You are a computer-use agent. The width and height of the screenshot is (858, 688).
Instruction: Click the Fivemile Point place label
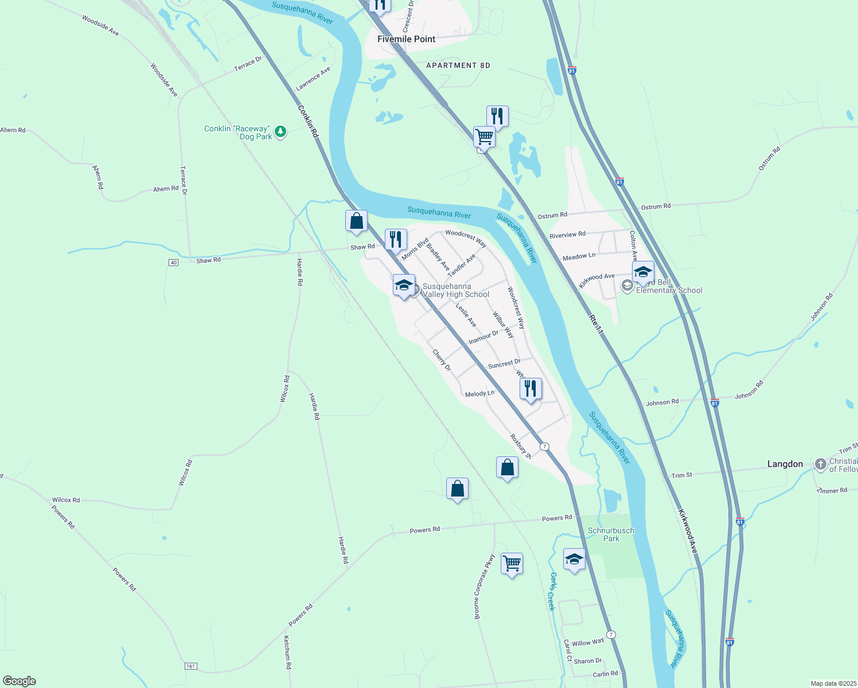[x=406, y=39]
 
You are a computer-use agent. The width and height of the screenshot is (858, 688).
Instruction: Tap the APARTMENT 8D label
[x=458, y=65]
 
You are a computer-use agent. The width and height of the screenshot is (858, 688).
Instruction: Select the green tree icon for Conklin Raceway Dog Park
[x=280, y=132]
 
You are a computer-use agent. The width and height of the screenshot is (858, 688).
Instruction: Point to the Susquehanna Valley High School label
[x=455, y=291]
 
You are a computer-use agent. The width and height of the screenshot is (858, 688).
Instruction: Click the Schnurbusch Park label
[x=611, y=534]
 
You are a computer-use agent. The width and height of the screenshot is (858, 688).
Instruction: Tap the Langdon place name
[x=785, y=464]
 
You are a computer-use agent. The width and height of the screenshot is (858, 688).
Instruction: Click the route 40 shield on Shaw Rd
[x=174, y=262]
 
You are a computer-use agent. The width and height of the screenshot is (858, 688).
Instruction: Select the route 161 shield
[x=191, y=666]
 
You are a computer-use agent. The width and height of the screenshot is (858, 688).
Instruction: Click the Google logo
[x=19, y=681]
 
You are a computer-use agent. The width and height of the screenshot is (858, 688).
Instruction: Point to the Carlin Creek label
[x=552, y=591]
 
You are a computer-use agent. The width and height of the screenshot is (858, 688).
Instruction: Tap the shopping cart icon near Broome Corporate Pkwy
[x=511, y=563]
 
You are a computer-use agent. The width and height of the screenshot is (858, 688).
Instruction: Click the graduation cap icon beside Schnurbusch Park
[x=574, y=559]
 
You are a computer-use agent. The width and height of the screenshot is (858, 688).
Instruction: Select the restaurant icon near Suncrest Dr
[x=531, y=388]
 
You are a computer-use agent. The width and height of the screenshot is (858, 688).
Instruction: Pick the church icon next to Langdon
[x=820, y=463]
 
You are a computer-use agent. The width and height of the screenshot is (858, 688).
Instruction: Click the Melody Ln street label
[x=479, y=394]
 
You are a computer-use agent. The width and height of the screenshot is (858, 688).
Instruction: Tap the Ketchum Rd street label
[x=287, y=652]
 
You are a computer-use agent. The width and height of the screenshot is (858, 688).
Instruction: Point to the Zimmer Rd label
[x=832, y=491]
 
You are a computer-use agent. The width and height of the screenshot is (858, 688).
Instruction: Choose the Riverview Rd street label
[x=567, y=234]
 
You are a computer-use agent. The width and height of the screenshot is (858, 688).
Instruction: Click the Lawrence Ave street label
[x=313, y=79]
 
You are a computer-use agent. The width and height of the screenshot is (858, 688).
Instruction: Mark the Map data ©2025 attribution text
[x=832, y=683]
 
